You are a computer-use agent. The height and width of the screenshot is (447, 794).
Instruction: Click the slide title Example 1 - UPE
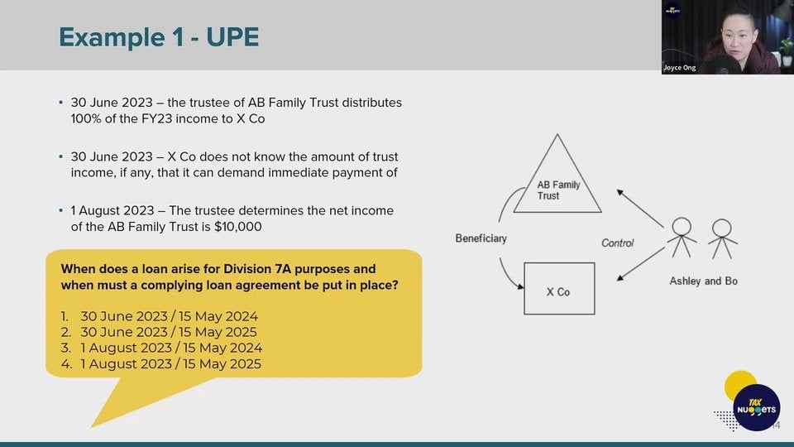[x=159, y=37]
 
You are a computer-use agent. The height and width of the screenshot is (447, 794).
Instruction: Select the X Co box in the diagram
[x=559, y=289]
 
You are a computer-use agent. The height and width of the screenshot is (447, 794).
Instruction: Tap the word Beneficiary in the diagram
[x=481, y=238]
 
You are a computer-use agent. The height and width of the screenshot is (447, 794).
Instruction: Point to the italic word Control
[x=617, y=243]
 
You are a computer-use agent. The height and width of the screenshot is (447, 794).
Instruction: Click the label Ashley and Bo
[x=703, y=281]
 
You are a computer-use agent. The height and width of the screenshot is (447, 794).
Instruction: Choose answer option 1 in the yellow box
[x=160, y=316]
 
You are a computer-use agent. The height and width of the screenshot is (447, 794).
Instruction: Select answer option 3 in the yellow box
[x=161, y=348]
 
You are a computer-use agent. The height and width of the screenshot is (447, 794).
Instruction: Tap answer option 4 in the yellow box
[x=161, y=364]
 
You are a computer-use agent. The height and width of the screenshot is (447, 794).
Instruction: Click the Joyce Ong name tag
[x=679, y=68]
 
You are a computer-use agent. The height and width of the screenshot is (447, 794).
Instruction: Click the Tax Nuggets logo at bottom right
[x=756, y=407]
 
